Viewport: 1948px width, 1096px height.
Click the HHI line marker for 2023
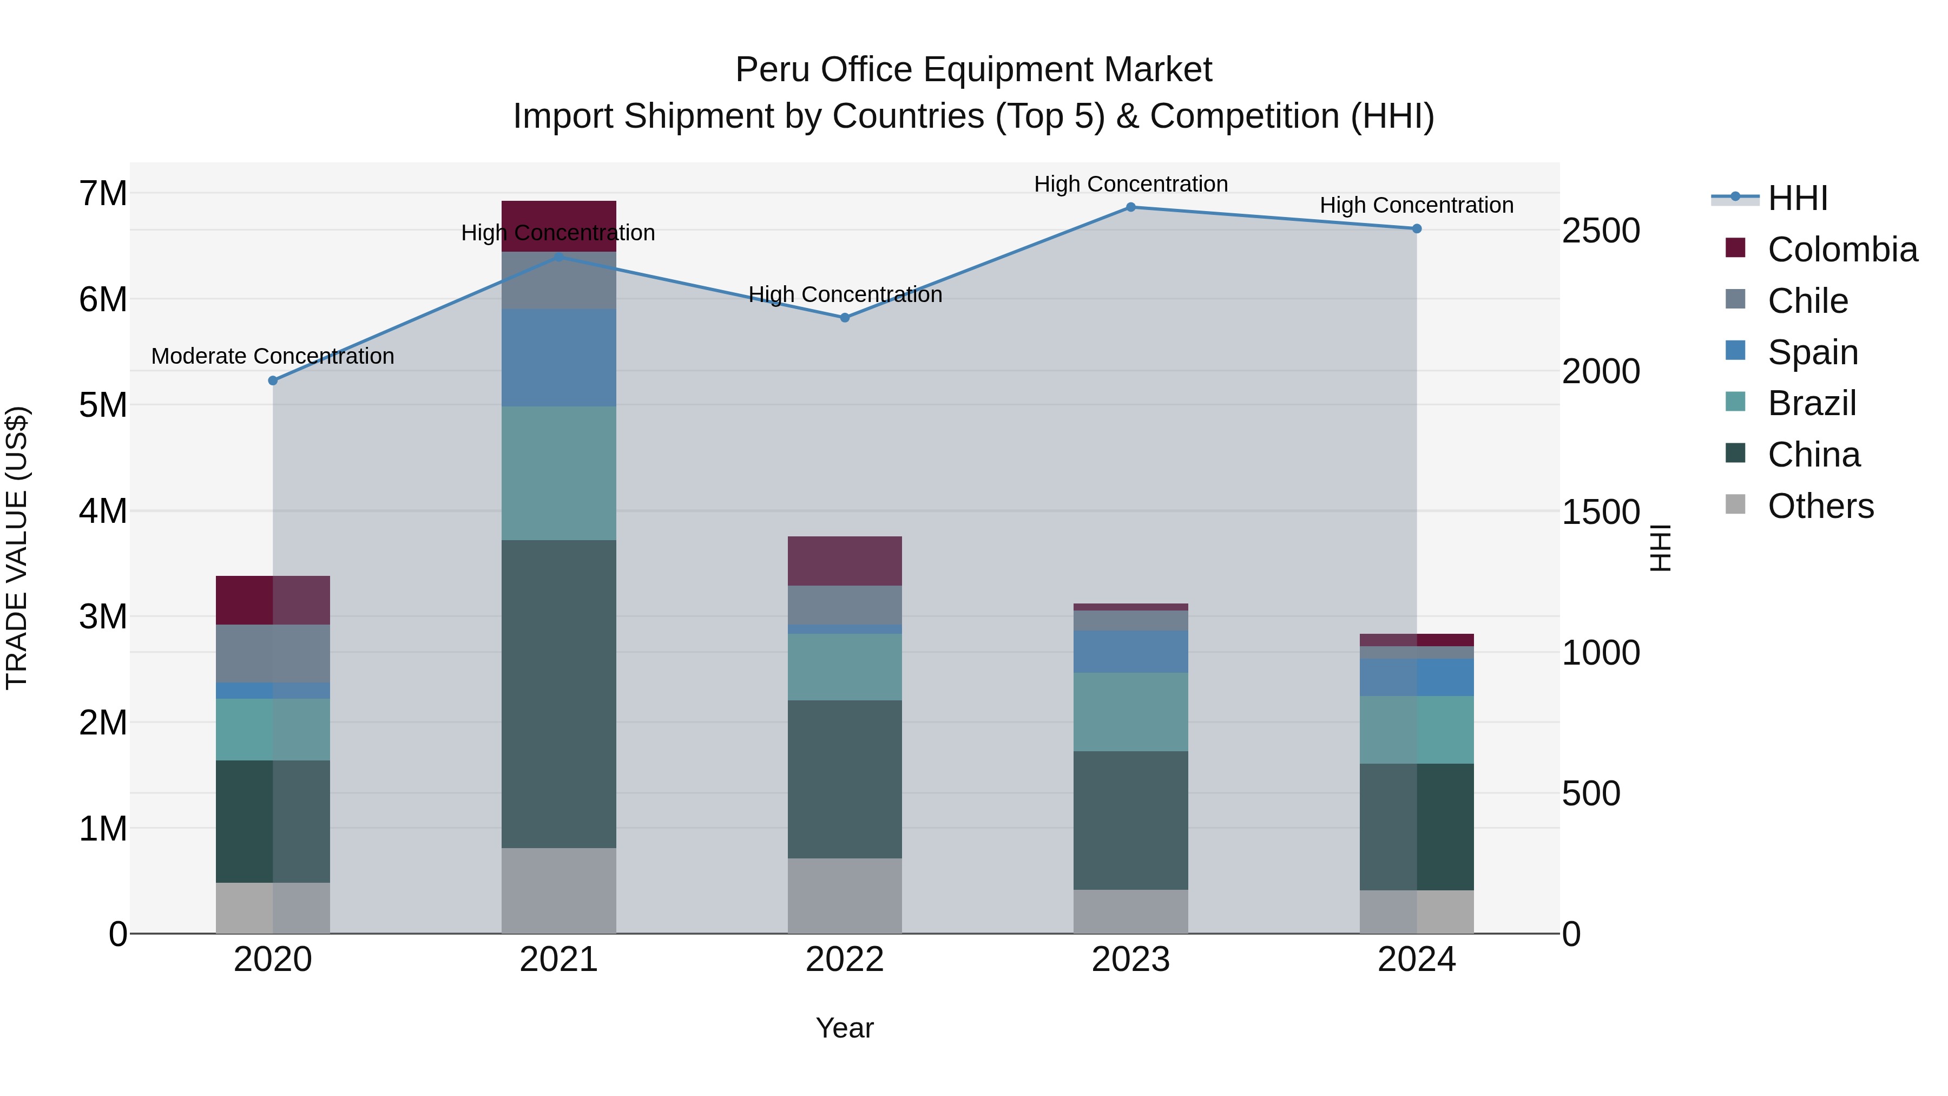(1130, 207)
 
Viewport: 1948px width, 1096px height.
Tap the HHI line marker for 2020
(273, 380)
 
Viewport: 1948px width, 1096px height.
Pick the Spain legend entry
(1812, 352)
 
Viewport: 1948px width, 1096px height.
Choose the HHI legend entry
(1796, 198)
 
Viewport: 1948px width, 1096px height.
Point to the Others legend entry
(1819, 506)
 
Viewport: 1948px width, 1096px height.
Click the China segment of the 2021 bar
(559, 694)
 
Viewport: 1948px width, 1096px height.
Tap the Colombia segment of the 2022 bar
(845, 561)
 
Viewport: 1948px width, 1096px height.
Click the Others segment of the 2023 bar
(1130, 911)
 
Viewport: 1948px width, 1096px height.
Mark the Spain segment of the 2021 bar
(559, 357)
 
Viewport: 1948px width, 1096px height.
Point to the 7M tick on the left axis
(103, 194)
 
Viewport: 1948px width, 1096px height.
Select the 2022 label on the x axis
(845, 960)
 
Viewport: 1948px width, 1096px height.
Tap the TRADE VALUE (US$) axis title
(17, 548)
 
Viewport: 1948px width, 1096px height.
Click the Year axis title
(845, 1028)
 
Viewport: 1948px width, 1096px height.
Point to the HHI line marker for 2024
(1417, 228)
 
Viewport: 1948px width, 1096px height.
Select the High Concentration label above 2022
(845, 294)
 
